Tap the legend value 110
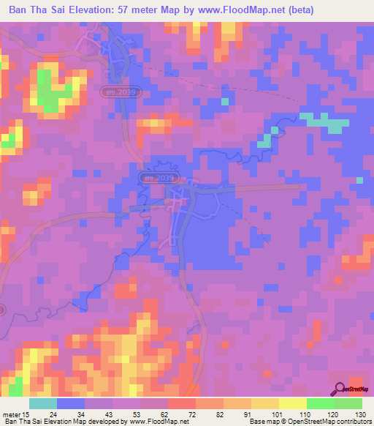point(305,415)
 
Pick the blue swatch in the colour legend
point(70,403)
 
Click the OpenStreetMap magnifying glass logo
point(340,388)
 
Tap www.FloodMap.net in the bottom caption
point(154,422)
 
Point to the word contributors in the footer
point(350,422)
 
